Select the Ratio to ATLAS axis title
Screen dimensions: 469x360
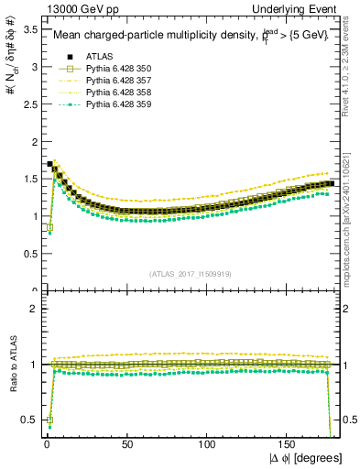click(x=11, y=365)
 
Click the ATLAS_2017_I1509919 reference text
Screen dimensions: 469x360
click(x=189, y=273)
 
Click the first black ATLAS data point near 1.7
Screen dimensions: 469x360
click(x=49, y=164)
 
